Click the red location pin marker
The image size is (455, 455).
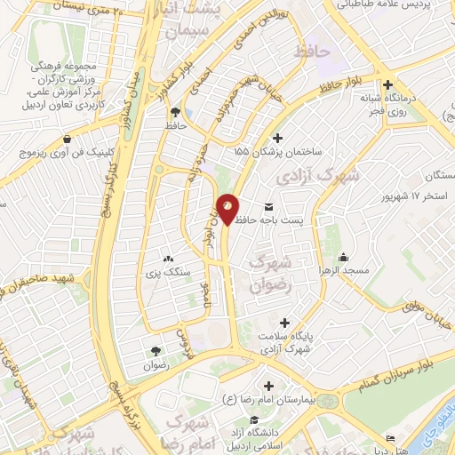coord(228,208)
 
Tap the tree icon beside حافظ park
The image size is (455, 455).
coord(174,113)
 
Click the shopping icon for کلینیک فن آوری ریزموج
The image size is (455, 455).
coord(68,139)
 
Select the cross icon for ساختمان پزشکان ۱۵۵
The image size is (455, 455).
coord(279,138)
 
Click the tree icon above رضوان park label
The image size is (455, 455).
coord(156,351)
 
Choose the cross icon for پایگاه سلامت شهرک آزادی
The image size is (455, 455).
coord(283,323)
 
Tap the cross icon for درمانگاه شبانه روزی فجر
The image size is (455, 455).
coord(388,85)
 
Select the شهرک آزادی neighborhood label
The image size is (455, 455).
coord(317,175)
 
